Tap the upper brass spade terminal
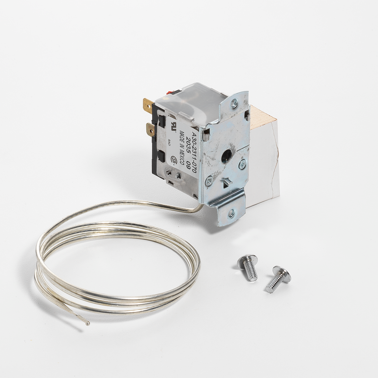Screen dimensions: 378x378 148,104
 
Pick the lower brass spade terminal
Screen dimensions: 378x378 151,129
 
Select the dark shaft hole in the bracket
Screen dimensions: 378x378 227,156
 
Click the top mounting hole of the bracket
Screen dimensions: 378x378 234,103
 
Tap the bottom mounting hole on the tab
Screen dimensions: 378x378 231,213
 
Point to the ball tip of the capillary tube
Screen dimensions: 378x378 87,323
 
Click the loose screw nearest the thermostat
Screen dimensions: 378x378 249,266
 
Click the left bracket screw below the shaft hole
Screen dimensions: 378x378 209,180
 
